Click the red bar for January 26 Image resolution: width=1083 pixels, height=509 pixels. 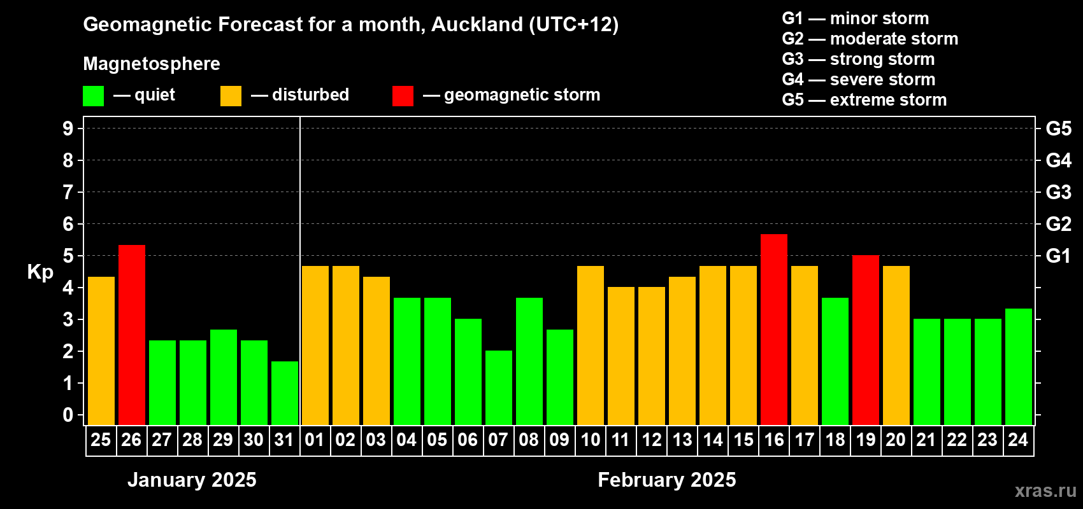point(131,335)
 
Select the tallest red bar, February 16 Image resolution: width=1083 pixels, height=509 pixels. point(773,330)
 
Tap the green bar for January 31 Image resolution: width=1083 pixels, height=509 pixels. point(284,393)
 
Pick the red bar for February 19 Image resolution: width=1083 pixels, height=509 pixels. point(865,340)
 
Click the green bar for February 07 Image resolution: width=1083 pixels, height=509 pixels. point(498,387)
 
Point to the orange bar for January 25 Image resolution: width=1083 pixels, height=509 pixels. point(101,351)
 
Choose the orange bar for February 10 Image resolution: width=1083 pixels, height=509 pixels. point(591,345)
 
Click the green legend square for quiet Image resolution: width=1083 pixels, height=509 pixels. point(93,95)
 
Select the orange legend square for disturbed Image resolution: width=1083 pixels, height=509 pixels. point(231,95)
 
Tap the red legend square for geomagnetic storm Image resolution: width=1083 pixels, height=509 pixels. point(403,95)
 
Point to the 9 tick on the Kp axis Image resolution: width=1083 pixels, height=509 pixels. point(68,129)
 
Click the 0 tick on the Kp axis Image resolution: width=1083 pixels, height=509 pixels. point(68,415)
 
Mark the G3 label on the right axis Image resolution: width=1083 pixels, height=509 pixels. point(1058,192)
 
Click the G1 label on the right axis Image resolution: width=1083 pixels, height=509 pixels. point(1058,256)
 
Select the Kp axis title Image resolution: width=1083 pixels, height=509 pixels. point(40,272)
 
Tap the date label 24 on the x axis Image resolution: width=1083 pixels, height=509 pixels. point(1018,440)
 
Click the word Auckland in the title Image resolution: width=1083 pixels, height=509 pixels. point(477,24)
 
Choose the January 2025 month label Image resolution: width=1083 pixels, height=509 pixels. point(192,480)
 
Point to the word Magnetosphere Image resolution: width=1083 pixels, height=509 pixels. point(152,64)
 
